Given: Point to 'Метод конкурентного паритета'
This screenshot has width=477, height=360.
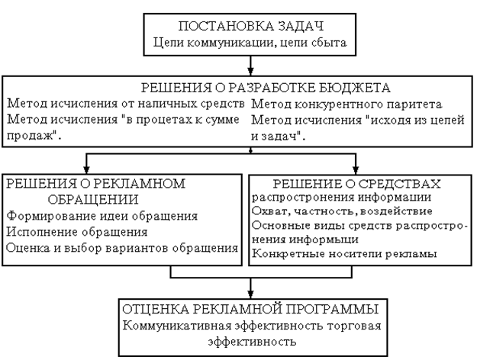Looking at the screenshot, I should click(341, 102).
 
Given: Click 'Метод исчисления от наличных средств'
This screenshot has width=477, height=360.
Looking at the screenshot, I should click(124, 102).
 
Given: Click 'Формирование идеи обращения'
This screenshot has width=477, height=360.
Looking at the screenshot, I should click(102, 216).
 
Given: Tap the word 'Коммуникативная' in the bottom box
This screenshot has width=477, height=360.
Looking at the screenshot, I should click(176, 326).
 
